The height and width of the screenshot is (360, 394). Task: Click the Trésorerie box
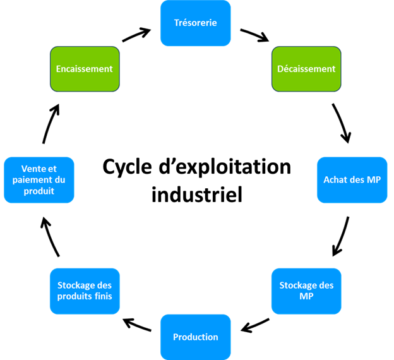pyautogui.click(x=196, y=23)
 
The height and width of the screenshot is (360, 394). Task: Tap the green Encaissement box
pyautogui.click(x=84, y=68)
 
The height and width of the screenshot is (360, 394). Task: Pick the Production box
pyautogui.click(x=196, y=336)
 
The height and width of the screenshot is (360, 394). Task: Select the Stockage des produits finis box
pyautogui.click(x=85, y=291)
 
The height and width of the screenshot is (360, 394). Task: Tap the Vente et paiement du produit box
pyautogui.click(x=39, y=180)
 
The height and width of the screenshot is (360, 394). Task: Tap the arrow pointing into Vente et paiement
pyautogui.click(x=50, y=236)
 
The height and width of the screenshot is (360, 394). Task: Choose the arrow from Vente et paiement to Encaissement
pyautogui.click(x=51, y=123)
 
